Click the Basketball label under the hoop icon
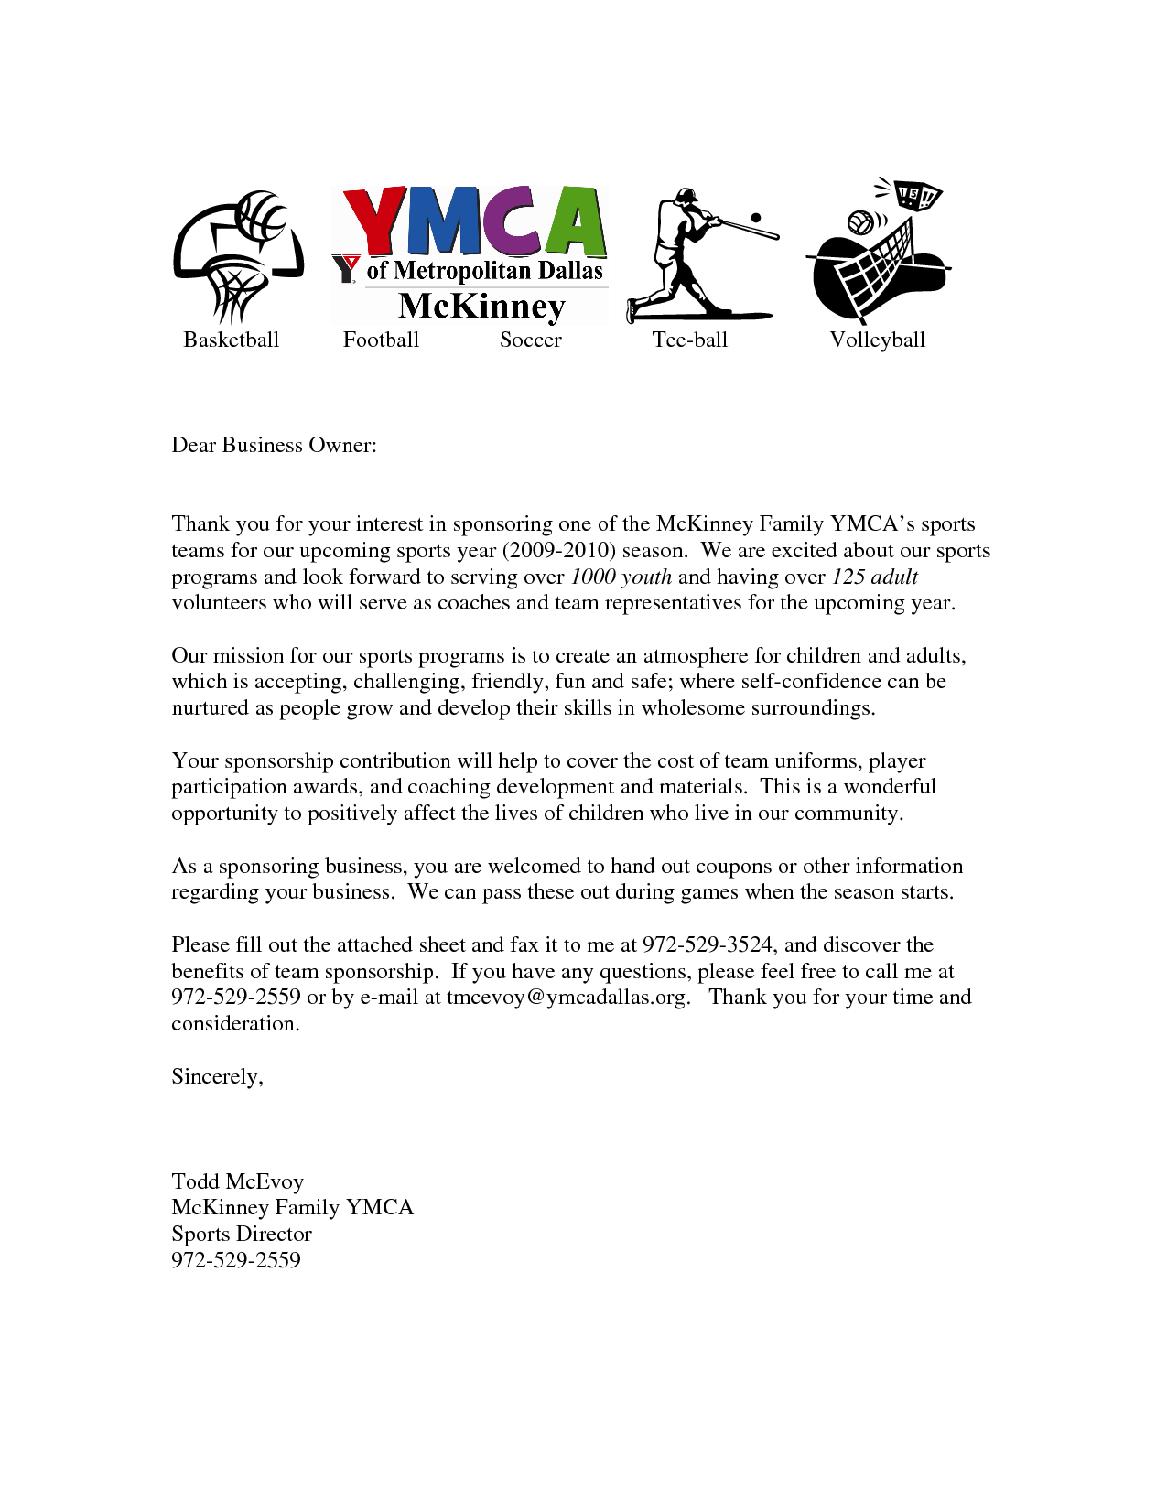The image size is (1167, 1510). (x=231, y=340)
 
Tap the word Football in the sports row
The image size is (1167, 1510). (x=381, y=340)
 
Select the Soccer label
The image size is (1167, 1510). (x=530, y=340)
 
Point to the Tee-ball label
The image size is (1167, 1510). (x=689, y=340)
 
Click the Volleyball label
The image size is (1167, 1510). (x=877, y=340)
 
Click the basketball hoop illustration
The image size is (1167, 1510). (x=237, y=253)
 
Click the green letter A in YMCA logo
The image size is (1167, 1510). (x=571, y=221)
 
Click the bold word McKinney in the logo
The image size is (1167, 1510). (x=481, y=306)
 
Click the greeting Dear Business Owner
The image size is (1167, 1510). (x=274, y=445)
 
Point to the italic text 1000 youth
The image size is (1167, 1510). (x=621, y=577)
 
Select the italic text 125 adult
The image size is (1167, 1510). (x=873, y=577)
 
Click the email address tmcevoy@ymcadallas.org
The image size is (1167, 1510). (x=567, y=997)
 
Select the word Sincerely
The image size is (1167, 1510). (x=217, y=1076)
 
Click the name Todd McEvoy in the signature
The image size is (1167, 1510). (x=237, y=1181)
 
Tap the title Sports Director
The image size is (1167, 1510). (x=242, y=1234)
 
